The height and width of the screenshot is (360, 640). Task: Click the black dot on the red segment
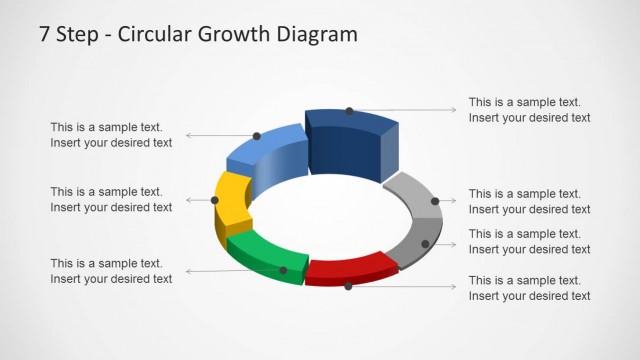348,286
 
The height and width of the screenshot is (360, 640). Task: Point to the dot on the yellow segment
215,200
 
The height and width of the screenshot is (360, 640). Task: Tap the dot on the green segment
283,270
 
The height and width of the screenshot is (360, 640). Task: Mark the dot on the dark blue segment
349,111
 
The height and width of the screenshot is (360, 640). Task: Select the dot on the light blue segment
257,135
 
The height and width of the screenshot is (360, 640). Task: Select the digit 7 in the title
45,35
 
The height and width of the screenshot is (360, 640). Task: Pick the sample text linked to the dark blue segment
529,110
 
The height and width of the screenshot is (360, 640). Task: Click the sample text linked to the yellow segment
111,199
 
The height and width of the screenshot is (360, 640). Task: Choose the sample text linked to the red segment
529,288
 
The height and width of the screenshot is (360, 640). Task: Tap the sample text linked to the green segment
111,271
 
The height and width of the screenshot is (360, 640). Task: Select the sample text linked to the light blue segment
111,135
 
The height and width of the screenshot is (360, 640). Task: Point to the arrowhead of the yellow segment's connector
187,200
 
